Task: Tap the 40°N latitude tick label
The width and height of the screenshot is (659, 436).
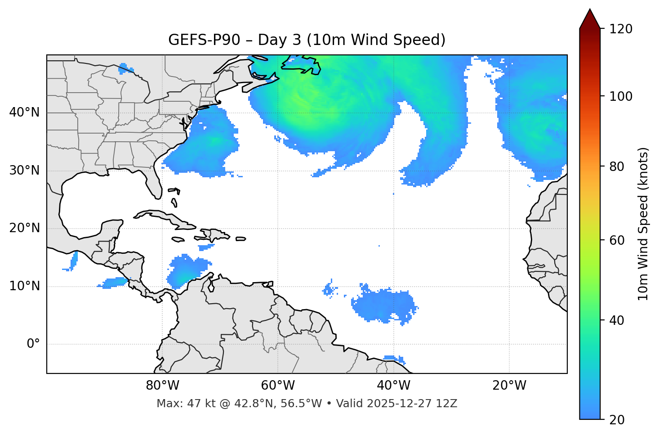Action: pos(24,112)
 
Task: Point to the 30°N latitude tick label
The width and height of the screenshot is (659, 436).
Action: pos(24,171)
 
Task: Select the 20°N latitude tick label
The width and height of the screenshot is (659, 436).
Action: pos(24,228)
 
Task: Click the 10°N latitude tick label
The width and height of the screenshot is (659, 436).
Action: pos(24,286)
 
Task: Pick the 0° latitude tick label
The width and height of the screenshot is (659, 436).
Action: pos(33,344)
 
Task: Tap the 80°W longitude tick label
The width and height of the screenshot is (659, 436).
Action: pos(162,386)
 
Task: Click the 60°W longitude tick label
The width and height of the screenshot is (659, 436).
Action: pos(278,386)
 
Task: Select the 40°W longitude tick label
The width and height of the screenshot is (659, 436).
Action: pos(394,386)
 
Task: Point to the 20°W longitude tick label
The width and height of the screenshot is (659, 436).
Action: pos(509,386)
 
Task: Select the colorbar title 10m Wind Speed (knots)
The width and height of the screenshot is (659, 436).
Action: pos(643,224)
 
